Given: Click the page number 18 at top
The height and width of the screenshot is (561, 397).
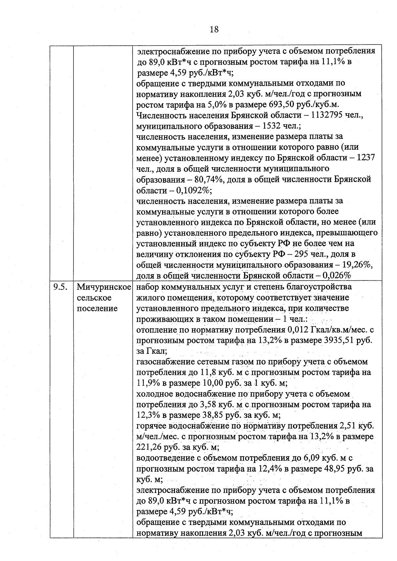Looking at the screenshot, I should (x=214, y=29).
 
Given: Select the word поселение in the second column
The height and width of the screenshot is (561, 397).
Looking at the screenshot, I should (x=97, y=308).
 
